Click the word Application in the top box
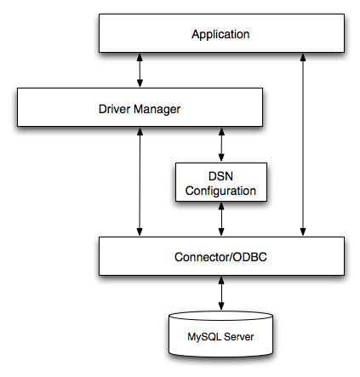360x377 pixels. point(220,35)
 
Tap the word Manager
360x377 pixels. point(159,109)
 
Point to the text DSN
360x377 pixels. point(221,176)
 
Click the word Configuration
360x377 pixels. point(221,191)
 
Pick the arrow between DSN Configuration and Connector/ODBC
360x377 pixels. point(221,219)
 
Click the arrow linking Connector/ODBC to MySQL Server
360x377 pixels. point(221,294)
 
